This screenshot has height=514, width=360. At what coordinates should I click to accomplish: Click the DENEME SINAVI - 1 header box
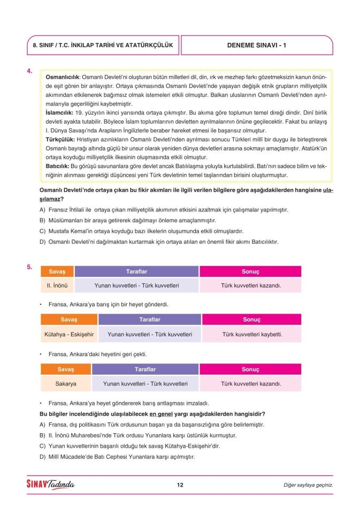[x=257, y=46]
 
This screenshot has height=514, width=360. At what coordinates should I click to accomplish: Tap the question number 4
[x=30, y=71]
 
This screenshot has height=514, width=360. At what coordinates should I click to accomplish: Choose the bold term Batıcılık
[x=58, y=166]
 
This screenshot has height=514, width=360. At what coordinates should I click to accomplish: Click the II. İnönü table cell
[x=57, y=285]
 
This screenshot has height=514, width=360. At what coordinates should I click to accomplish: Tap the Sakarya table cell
[x=66, y=384]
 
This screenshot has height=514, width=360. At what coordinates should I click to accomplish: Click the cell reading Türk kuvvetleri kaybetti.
[x=252, y=335]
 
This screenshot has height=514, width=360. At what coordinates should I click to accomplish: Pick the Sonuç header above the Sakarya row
[x=250, y=369]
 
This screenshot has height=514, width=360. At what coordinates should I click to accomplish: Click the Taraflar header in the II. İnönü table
[x=136, y=271]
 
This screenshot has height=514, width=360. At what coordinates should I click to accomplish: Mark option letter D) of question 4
[x=43, y=242]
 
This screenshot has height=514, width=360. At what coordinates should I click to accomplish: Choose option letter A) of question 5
[x=43, y=425]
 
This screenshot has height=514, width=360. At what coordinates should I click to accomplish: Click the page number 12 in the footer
[x=180, y=485]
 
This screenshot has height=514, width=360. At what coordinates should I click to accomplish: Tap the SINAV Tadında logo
[x=51, y=485]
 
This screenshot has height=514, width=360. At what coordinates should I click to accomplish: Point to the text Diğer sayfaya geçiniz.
[x=308, y=486]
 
